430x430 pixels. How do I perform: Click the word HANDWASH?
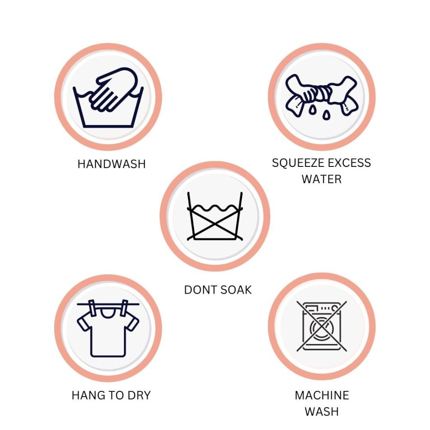pyautogui.click(x=111, y=164)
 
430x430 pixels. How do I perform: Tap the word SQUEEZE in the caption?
pyautogui.click(x=297, y=163)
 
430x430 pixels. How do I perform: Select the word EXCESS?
pyautogui.click(x=349, y=163)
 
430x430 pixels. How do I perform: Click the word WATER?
pyautogui.click(x=321, y=179)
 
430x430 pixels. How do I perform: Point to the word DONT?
pyautogui.click(x=200, y=290)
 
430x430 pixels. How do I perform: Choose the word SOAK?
pyautogui.click(x=236, y=290)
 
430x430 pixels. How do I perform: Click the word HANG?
pyautogui.click(x=89, y=396)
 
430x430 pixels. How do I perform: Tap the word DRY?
pyautogui.click(x=139, y=396)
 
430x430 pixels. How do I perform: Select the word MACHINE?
pyautogui.click(x=322, y=396)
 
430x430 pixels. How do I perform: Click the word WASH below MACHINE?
pyautogui.click(x=322, y=412)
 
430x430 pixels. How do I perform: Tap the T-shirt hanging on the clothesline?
pyautogui.click(x=108, y=332)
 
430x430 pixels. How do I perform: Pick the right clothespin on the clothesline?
pyautogui.click(x=124, y=308)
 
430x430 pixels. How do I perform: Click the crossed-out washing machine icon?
pyautogui.click(x=322, y=326)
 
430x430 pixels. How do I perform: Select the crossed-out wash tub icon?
pyautogui.click(x=215, y=216)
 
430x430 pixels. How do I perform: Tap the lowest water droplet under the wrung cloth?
pyautogui.click(x=326, y=115)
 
